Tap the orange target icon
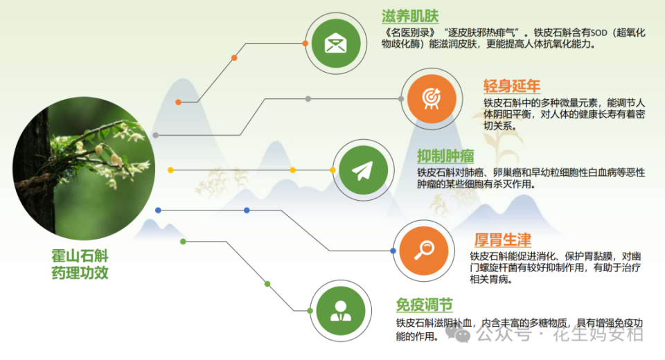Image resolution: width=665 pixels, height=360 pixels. coord(431,98)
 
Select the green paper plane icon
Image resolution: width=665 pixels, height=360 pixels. coord(362,170)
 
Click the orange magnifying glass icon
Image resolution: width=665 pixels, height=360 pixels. coord(423,250)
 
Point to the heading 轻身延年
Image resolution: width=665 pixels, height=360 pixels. coord(511,87)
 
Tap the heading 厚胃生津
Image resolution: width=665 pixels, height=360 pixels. coord(502,240)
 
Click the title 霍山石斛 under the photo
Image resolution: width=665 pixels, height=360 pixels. coord(80,255)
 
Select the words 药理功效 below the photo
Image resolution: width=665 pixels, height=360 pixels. coord(80,273)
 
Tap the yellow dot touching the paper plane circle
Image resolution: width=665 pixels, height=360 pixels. coord(332,170)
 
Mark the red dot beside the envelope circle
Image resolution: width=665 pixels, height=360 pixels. coord(306,43)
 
